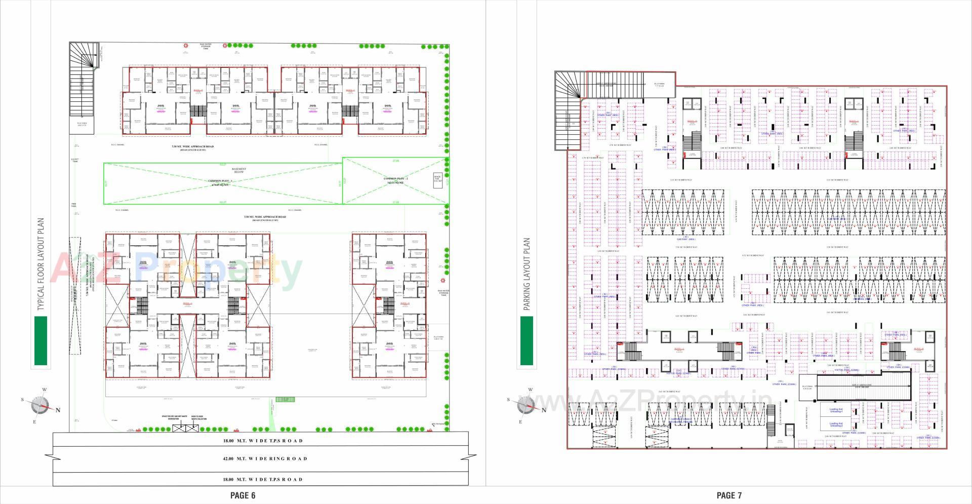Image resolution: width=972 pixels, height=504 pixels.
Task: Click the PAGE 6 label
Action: (x=242, y=495)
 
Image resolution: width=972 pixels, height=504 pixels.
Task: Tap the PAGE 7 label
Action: (x=729, y=495)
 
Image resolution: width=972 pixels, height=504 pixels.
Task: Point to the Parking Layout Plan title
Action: (x=527, y=274)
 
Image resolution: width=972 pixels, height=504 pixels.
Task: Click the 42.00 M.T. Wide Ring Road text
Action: (x=265, y=459)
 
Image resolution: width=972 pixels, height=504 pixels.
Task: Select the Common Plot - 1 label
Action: (x=220, y=183)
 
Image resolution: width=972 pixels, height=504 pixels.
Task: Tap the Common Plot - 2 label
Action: (x=395, y=180)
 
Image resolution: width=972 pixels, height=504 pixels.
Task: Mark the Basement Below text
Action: (x=239, y=170)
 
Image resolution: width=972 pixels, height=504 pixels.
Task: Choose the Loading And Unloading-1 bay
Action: (x=836, y=410)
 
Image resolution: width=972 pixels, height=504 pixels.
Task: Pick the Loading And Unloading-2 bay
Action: (x=836, y=424)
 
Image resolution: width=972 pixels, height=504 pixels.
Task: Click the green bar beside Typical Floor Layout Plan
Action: (x=40, y=340)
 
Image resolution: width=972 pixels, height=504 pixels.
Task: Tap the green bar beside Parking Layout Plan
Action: (x=527, y=340)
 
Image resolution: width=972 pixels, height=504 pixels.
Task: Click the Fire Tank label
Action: (x=73, y=206)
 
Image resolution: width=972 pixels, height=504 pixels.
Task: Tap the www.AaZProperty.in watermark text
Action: (x=653, y=403)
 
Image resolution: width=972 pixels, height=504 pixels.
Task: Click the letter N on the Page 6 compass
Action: (x=58, y=410)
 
